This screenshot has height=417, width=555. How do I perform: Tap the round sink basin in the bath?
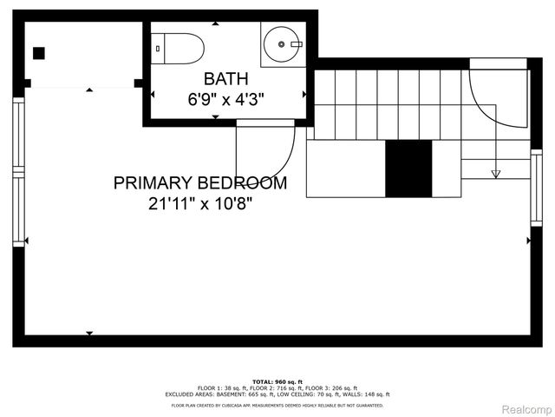pos(284,43)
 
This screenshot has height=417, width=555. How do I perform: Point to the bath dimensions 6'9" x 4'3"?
pos(225,99)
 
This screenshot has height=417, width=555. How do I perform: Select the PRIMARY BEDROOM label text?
pos(200,183)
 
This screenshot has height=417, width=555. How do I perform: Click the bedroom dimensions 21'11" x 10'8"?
pos(200,204)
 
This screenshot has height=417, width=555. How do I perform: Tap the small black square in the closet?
pos(39,53)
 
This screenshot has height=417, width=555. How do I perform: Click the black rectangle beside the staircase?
pos(408,168)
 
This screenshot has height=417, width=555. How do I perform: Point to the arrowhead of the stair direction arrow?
pos(496,174)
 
